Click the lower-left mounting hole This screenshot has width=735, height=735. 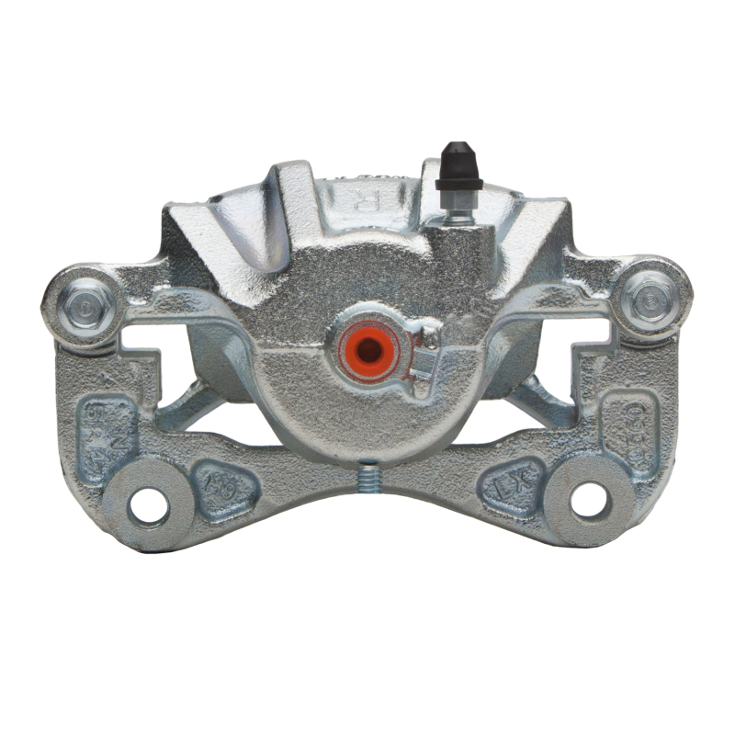[148, 503]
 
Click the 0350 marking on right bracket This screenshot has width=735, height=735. [633, 424]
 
